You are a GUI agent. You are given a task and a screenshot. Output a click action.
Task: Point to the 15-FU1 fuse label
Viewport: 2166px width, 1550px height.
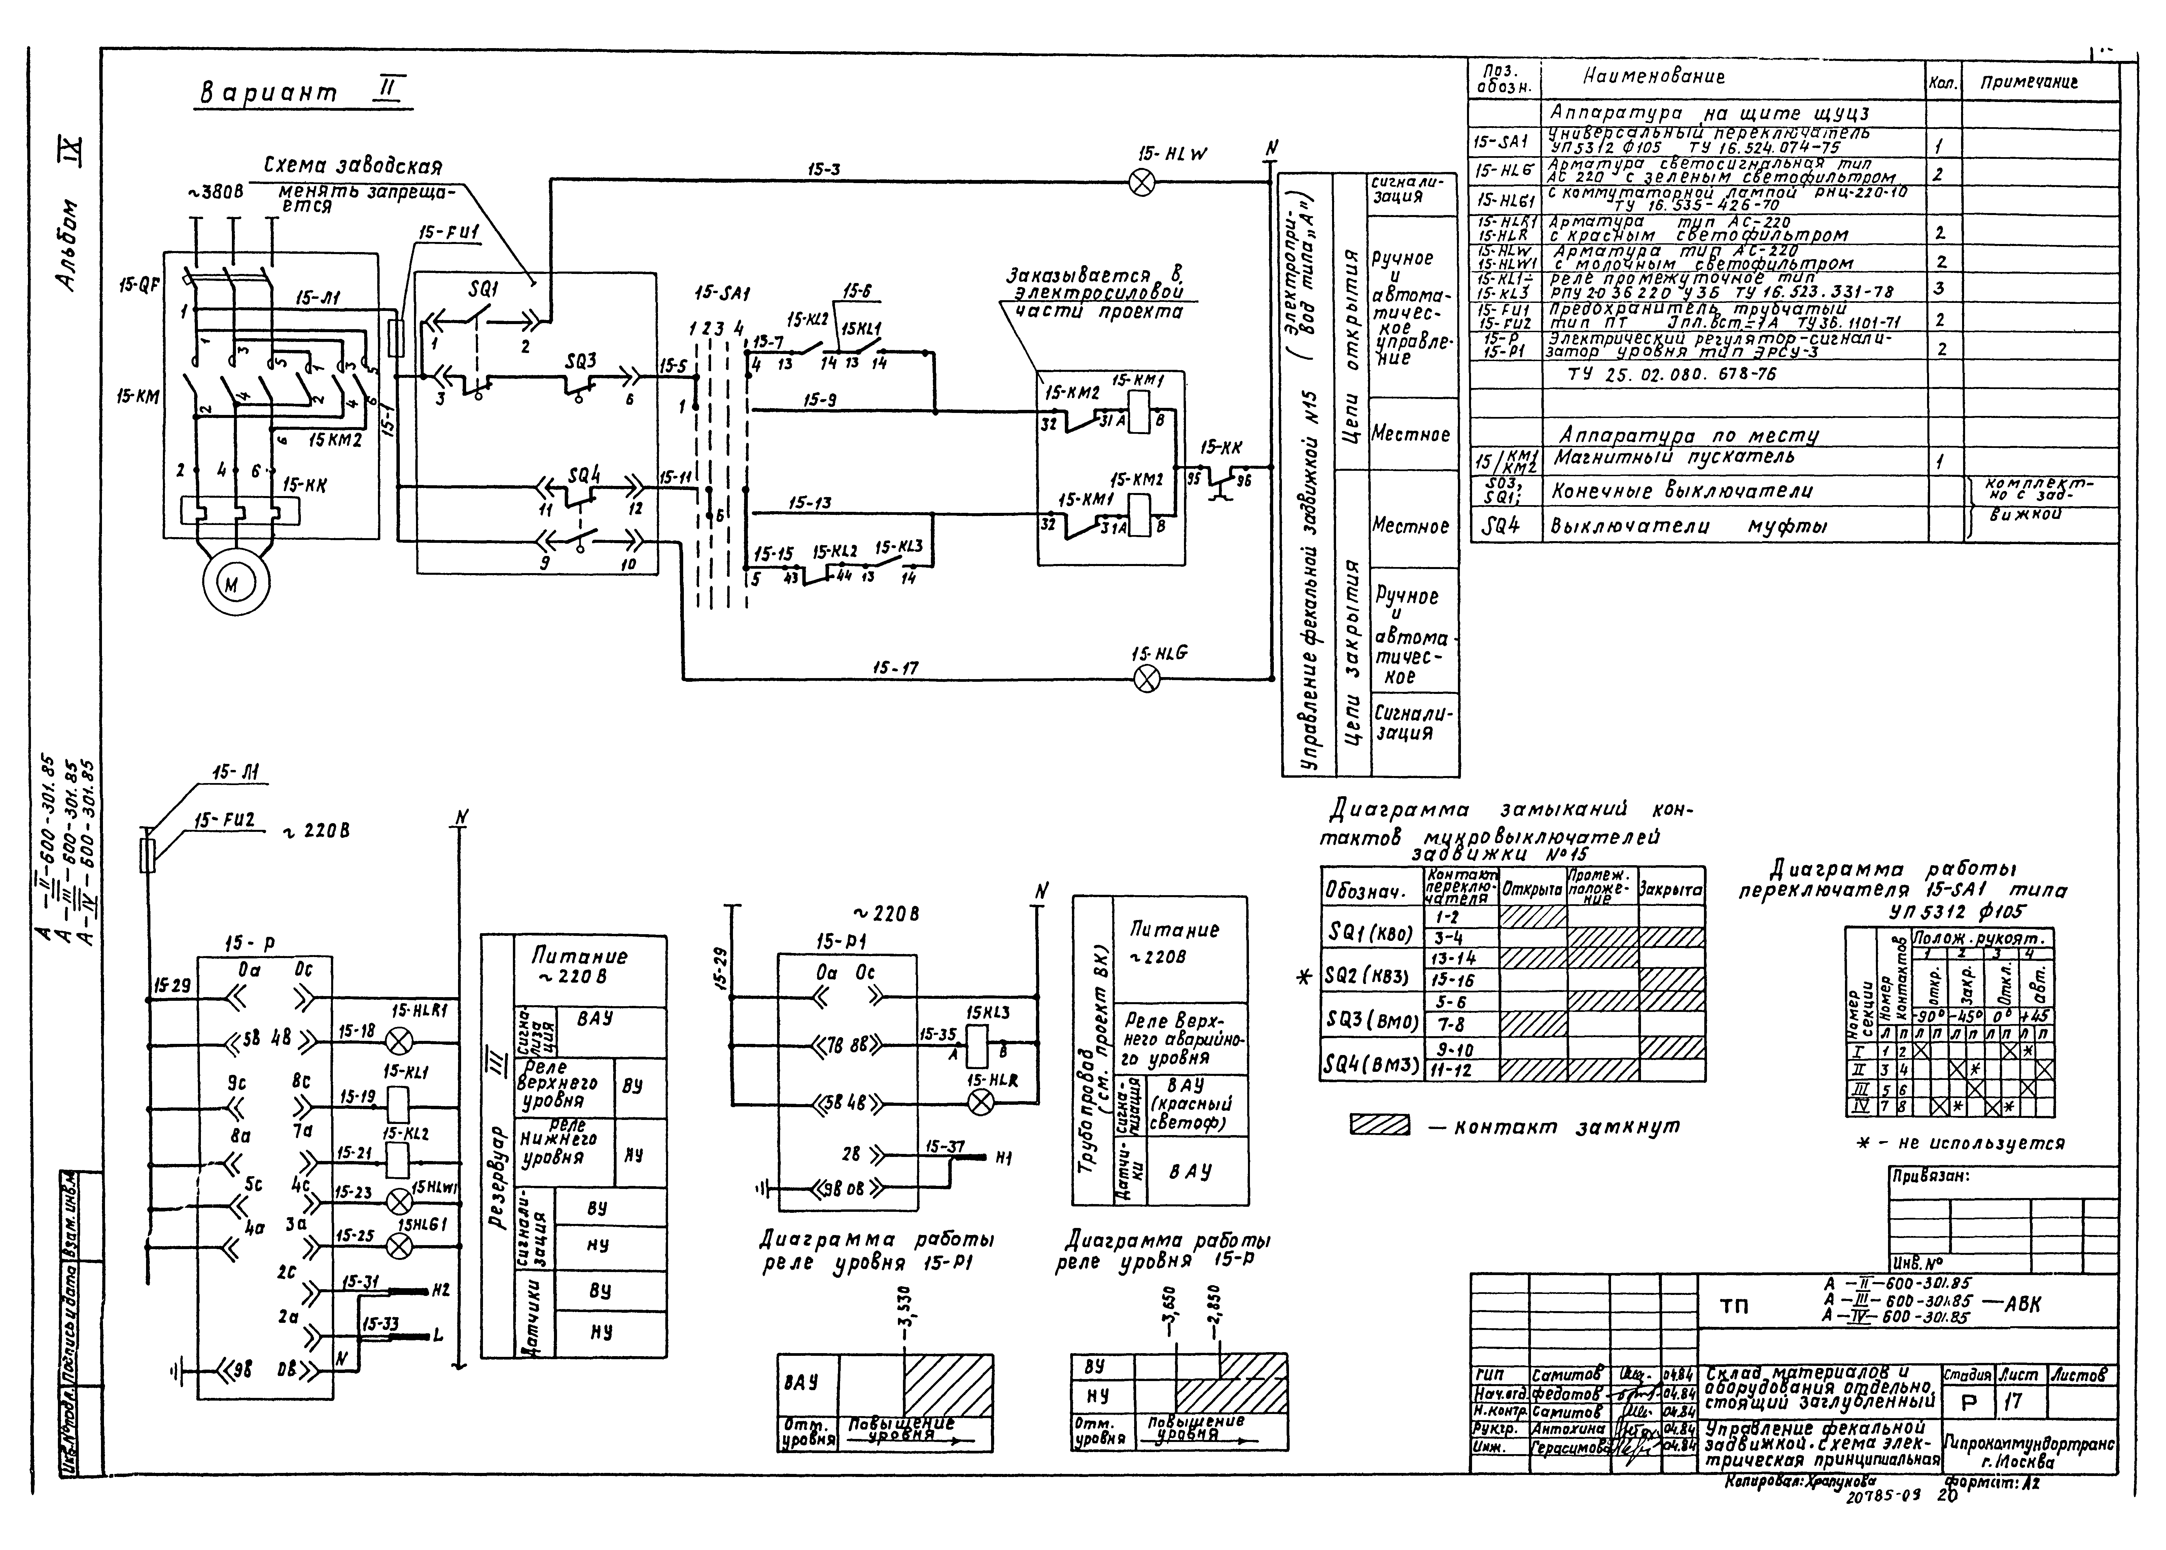pyautogui.click(x=448, y=233)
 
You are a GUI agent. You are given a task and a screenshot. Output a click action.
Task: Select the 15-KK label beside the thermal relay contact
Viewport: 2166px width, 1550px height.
pyautogui.click(x=1221, y=448)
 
